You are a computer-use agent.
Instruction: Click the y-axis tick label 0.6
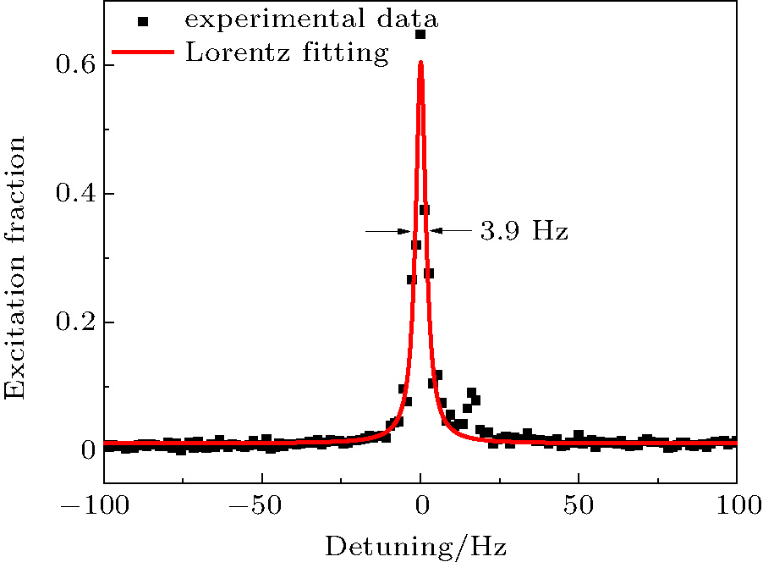click(75, 66)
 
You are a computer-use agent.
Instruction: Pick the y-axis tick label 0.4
click(75, 195)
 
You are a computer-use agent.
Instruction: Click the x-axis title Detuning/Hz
click(416, 546)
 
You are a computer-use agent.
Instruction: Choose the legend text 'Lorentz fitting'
click(286, 52)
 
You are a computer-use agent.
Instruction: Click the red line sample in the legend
click(142, 52)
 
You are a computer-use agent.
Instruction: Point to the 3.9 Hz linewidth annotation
click(524, 231)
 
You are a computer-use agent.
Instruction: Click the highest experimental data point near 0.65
click(420, 35)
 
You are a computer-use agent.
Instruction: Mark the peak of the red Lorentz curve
click(420, 62)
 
